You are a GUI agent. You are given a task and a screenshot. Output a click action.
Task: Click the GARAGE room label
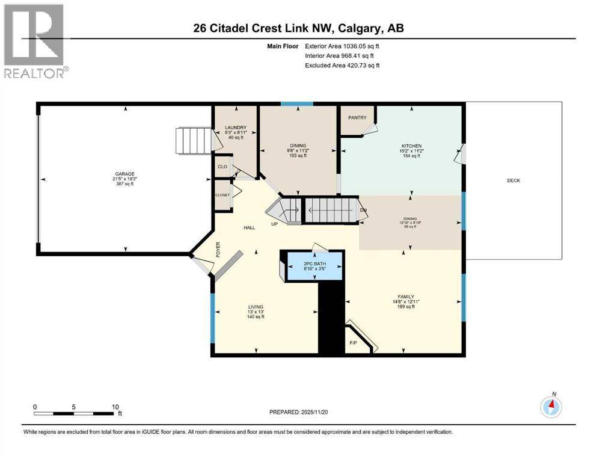(124, 174)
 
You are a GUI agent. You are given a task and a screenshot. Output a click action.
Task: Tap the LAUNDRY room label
(234, 128)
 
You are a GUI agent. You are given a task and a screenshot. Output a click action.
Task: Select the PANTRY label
(357, 118)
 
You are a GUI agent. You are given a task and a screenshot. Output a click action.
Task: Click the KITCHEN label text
(412, 146)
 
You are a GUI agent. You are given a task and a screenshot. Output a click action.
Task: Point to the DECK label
(513, 180)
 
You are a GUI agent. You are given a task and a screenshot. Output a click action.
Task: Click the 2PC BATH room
(313, 265)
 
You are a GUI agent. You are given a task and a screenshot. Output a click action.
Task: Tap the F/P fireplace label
(354, 343)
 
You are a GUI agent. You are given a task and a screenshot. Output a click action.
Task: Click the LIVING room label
(256, 306)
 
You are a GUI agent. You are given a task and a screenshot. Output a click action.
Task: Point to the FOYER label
(219, 248)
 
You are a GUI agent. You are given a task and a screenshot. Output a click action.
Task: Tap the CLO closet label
(222, 165)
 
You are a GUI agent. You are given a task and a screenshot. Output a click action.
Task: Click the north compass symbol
(551, 407)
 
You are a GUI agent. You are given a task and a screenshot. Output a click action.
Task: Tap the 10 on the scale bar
(115, 407)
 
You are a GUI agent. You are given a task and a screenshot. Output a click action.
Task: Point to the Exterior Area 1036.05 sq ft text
(342, 46)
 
